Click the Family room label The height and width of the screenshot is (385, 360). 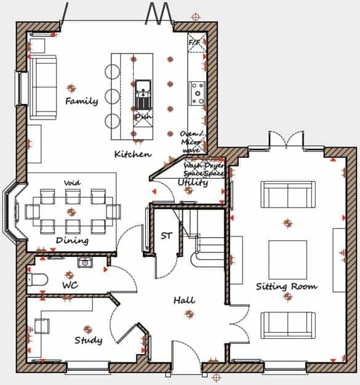tap(81, 101)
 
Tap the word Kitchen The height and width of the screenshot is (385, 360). tap(133, 154)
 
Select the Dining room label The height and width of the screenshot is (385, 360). tap(72, 240)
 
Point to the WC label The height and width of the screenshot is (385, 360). tap(70, 286)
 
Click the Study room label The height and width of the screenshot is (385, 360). tap(88, 340)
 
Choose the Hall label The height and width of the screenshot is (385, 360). tap(184, 301)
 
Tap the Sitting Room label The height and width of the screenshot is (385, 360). tap(287, 286)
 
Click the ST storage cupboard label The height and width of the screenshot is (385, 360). tap(166, 235)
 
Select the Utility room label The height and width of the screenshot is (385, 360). tap(193, 182)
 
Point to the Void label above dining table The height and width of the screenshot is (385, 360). tap(72, 183)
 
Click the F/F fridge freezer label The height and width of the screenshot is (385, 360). tap(194, 43)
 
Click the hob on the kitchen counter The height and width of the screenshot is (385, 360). tap(198, 92)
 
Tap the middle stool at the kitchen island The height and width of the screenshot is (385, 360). tap(111, 96)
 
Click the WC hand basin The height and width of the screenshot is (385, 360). tap(85, 262)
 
